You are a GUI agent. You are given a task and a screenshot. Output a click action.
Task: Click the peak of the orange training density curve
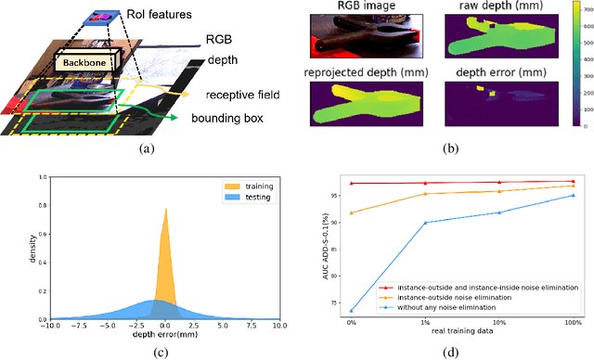[165, 183]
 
